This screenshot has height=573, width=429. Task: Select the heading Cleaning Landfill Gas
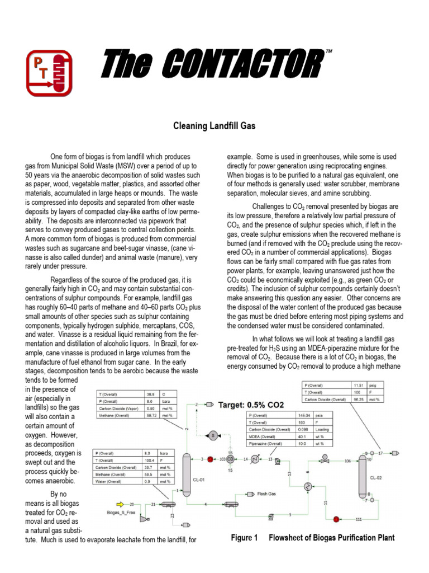point(213,126)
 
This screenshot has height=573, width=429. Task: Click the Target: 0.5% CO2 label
point(251,404)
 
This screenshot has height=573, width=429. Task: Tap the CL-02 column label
point(376,477)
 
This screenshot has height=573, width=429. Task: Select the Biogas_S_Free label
point(121,512)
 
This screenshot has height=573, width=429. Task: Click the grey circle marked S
point(213,434)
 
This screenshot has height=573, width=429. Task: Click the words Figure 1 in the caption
point(244,538)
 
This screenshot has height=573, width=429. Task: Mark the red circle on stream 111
point(336,520)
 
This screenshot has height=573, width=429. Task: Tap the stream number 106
point(347,462)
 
